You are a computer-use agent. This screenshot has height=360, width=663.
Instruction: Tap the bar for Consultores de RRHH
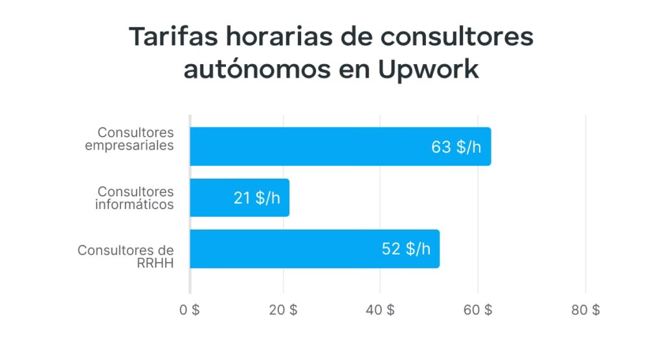285,249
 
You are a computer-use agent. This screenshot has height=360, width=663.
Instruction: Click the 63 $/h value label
456,147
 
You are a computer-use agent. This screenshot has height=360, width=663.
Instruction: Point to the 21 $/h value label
257,198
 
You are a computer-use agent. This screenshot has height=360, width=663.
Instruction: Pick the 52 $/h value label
406,249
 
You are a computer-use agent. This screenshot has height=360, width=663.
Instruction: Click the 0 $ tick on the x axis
189,310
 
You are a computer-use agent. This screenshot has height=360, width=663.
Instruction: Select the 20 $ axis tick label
284,310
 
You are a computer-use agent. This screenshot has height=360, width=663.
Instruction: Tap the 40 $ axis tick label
380,310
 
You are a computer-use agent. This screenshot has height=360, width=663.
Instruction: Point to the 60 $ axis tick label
478,310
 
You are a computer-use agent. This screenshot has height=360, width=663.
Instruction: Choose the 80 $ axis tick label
585,310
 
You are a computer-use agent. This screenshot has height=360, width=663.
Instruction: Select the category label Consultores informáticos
135,197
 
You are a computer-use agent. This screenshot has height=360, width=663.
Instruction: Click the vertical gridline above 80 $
585,194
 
